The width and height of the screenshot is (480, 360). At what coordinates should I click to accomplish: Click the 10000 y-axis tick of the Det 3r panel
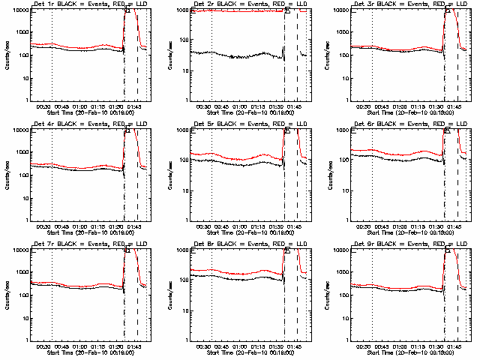point(343,10)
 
